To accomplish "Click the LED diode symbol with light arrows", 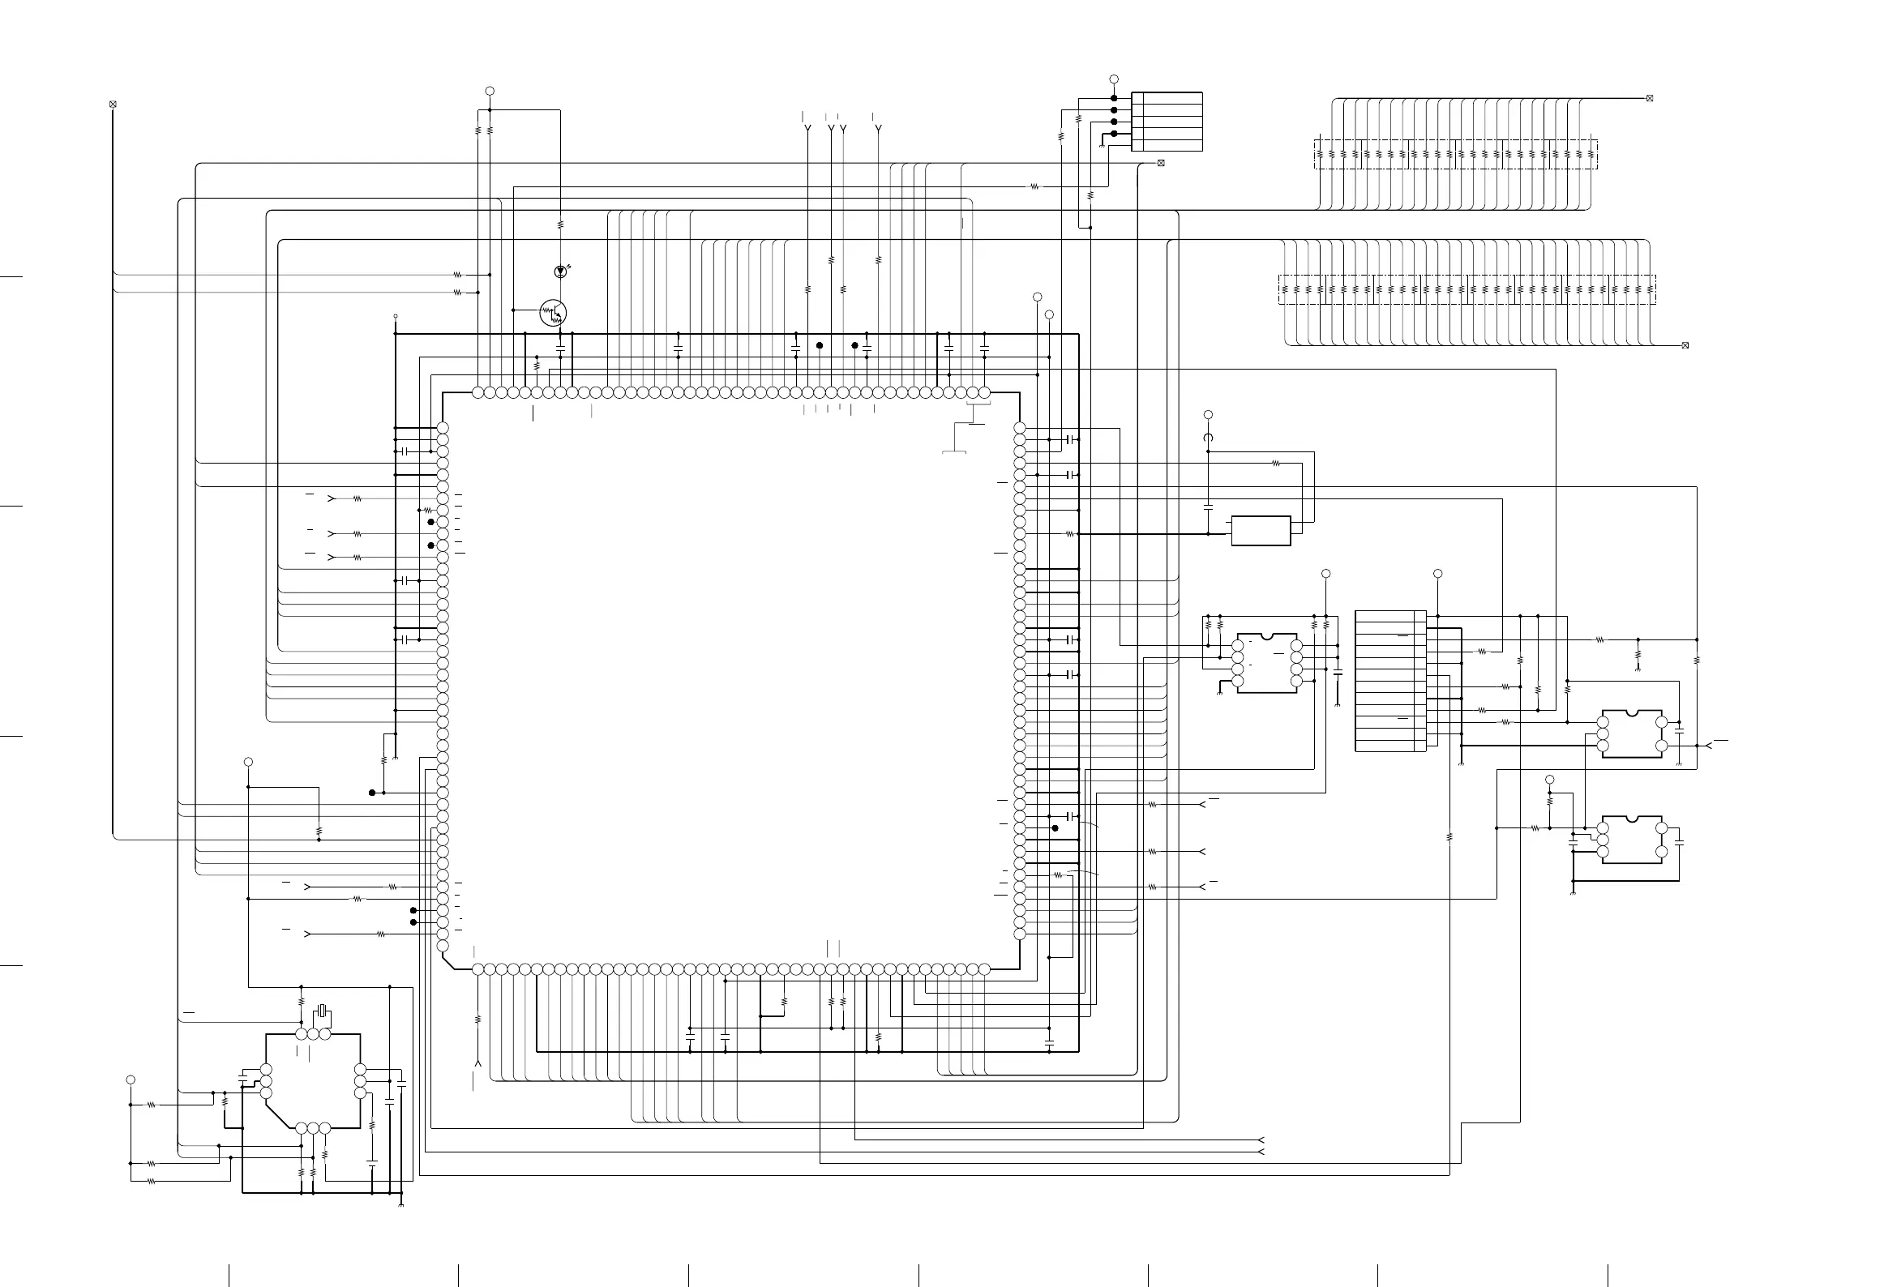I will tap(560, 271).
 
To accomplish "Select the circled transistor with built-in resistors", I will tap(553, 313).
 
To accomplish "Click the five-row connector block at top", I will tap(1167, 122).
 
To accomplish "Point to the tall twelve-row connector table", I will tap(1390, 681).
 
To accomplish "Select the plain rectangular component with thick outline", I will tap(1261, 531).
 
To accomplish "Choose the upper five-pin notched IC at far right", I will tap(1632, 734).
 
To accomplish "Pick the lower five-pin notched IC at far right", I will tap(1632, 840).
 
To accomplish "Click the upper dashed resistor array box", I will tap(1455, 154).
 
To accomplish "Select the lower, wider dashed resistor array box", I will tap(1467, 289).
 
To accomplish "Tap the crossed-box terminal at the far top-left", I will tap(113, 104).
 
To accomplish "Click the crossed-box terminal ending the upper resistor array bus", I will tap(1649, 98).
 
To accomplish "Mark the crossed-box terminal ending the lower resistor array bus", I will tap(1685, 346).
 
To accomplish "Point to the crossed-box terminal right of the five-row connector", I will tap(1161, 163).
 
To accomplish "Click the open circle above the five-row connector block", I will tap(1114, 79).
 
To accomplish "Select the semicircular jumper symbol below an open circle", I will tap(1208, 438).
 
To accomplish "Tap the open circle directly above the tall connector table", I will tap(1438, 574).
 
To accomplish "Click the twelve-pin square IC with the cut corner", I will tap(313, 1081).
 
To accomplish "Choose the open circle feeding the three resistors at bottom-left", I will tap(131, 1080).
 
